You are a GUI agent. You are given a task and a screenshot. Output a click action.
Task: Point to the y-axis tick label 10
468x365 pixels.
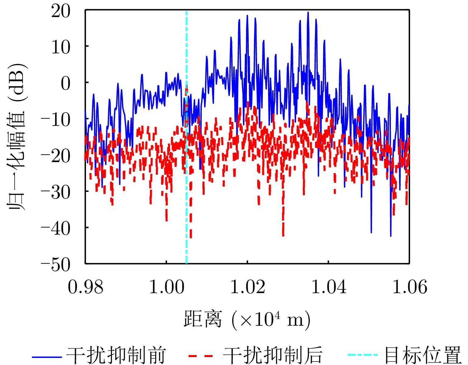click(x=61, y=48)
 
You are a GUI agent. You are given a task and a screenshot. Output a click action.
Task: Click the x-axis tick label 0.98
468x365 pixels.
click(x=85, y=287)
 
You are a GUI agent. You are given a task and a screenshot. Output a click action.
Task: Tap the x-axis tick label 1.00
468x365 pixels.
click(x=166, y=287)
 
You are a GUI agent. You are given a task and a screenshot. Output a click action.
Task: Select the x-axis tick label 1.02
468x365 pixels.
click(x=248, y=287)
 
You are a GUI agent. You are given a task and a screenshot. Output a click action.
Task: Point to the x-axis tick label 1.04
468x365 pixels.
click(x=329, y=287)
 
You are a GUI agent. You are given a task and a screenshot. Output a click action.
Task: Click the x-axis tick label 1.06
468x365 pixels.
click(x=409, y=287)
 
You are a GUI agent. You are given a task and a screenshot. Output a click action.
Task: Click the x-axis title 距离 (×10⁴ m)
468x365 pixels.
click(x=247, y=319)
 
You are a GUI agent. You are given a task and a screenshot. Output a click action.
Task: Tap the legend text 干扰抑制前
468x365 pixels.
click(x=116, y=355)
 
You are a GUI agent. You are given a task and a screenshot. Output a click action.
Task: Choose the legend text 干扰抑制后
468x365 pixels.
click(x=273, y=355)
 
